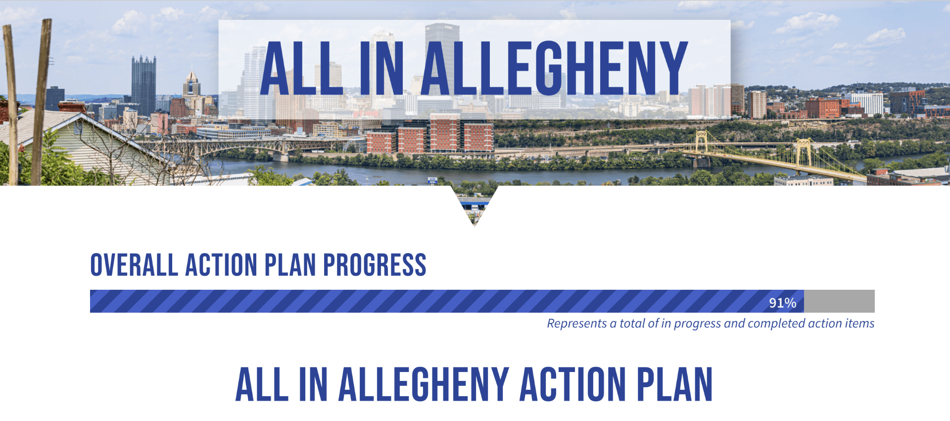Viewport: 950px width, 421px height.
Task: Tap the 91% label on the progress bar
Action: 782,303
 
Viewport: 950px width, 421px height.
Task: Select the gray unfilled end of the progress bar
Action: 839,301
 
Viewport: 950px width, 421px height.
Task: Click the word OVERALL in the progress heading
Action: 134,265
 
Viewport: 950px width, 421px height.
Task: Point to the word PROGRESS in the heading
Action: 375,265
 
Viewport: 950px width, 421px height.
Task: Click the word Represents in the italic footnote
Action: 577,323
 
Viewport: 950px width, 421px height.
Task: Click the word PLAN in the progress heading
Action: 290,265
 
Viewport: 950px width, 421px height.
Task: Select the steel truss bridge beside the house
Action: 237,146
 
